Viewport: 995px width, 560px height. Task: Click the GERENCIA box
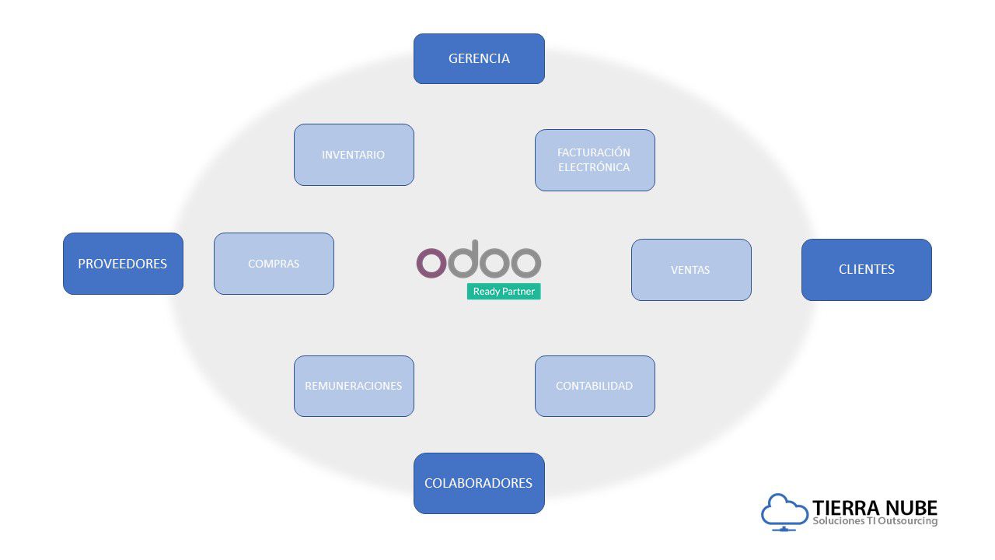click(479, 58)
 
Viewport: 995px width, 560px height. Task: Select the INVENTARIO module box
click(354, 155)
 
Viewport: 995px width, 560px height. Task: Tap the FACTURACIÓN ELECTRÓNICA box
click(595, 160)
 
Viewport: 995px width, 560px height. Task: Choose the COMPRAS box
click(274, 264)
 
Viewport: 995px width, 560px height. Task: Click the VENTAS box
click(691, 270)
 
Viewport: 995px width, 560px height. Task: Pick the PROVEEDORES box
click(123, 264)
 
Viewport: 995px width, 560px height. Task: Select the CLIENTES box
click(866, 269)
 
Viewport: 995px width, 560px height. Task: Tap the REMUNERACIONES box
click(354, 386)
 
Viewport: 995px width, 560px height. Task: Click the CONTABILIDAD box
click(595, 386)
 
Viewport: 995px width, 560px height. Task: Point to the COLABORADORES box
click(479, 483)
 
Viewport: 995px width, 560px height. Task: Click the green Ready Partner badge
click(504, 292)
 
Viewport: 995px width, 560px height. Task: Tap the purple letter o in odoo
click(431, 263)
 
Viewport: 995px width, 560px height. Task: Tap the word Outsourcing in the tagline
click(909, 521)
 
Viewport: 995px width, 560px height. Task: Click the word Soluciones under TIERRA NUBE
click(838, 521)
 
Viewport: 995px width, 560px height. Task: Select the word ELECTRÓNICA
click(595, 167)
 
